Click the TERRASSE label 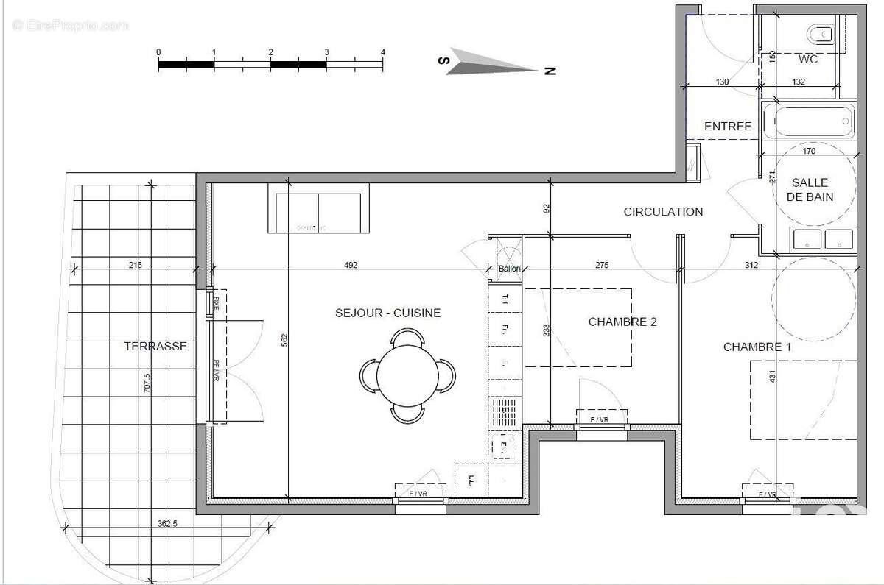(x=155, y=346)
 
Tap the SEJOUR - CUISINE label (x=387, y=313)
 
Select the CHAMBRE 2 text (x=622, y=322)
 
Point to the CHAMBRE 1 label (x=757, y=347)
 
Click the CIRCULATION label (x=663, y=212)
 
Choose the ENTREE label (x=728, y=127)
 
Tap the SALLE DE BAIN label (x=810, y=189)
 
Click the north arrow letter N (x=550, y=71)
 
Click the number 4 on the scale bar (x=383, y=52)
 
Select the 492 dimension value (x=351, y=265)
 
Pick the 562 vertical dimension (x=284, y=339)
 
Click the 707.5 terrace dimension (x=147, y=384)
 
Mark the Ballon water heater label (x=509, y=269)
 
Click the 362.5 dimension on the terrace (x=167, y=524)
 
